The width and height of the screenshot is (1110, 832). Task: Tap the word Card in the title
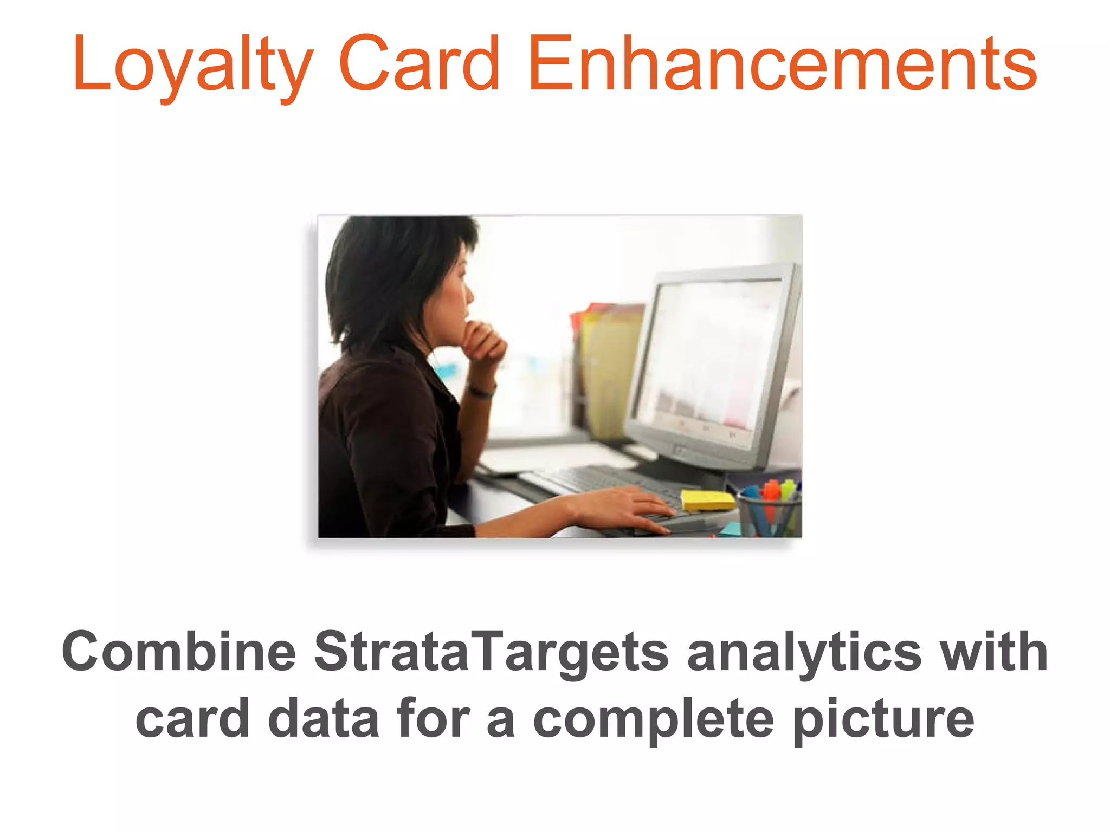click(x=419, y=64)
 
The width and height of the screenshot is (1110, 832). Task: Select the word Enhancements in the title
click(x=783, y=64)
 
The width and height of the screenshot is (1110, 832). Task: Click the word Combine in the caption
click(x=179, y=652)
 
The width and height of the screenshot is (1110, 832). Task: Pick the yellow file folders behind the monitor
click(x=610, y=368)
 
